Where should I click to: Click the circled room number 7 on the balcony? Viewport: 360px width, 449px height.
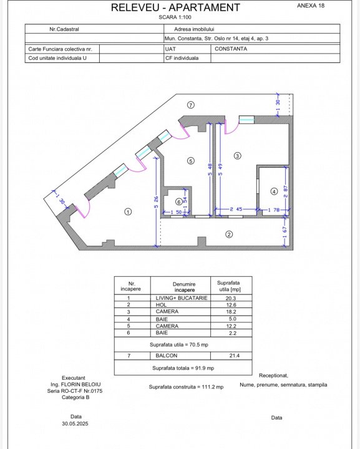pos(191,105)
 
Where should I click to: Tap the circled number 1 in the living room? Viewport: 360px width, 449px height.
pos(128,212)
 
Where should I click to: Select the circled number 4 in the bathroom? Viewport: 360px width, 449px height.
pos(274,191)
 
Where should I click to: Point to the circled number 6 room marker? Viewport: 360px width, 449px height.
pos(179,202)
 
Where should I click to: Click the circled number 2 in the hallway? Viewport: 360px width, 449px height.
pos(229,234)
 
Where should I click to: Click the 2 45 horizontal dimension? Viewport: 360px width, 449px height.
pos(236,209)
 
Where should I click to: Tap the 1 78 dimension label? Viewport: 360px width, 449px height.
pos(273,210)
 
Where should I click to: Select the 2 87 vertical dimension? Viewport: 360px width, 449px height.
pos(286,191)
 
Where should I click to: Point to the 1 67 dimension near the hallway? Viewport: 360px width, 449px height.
pos(285,232)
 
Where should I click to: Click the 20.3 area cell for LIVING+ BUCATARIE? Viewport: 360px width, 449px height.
pos(231,298)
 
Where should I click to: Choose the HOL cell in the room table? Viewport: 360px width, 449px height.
pos(161,305)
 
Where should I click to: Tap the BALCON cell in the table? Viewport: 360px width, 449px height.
pos(167,355)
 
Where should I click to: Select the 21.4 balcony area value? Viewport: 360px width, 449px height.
pos(234,355)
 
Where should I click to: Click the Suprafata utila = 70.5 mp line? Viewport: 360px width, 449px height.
pos(179,345)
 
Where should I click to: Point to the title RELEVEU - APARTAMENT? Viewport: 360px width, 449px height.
pos(175,7)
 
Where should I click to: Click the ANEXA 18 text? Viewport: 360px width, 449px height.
pos(311,6)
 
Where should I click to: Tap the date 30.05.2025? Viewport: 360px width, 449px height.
pos(75,423)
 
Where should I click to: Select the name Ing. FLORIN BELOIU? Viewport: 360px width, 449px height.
pos(75,385)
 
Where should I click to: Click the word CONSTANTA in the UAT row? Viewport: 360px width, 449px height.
pos(231,49)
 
